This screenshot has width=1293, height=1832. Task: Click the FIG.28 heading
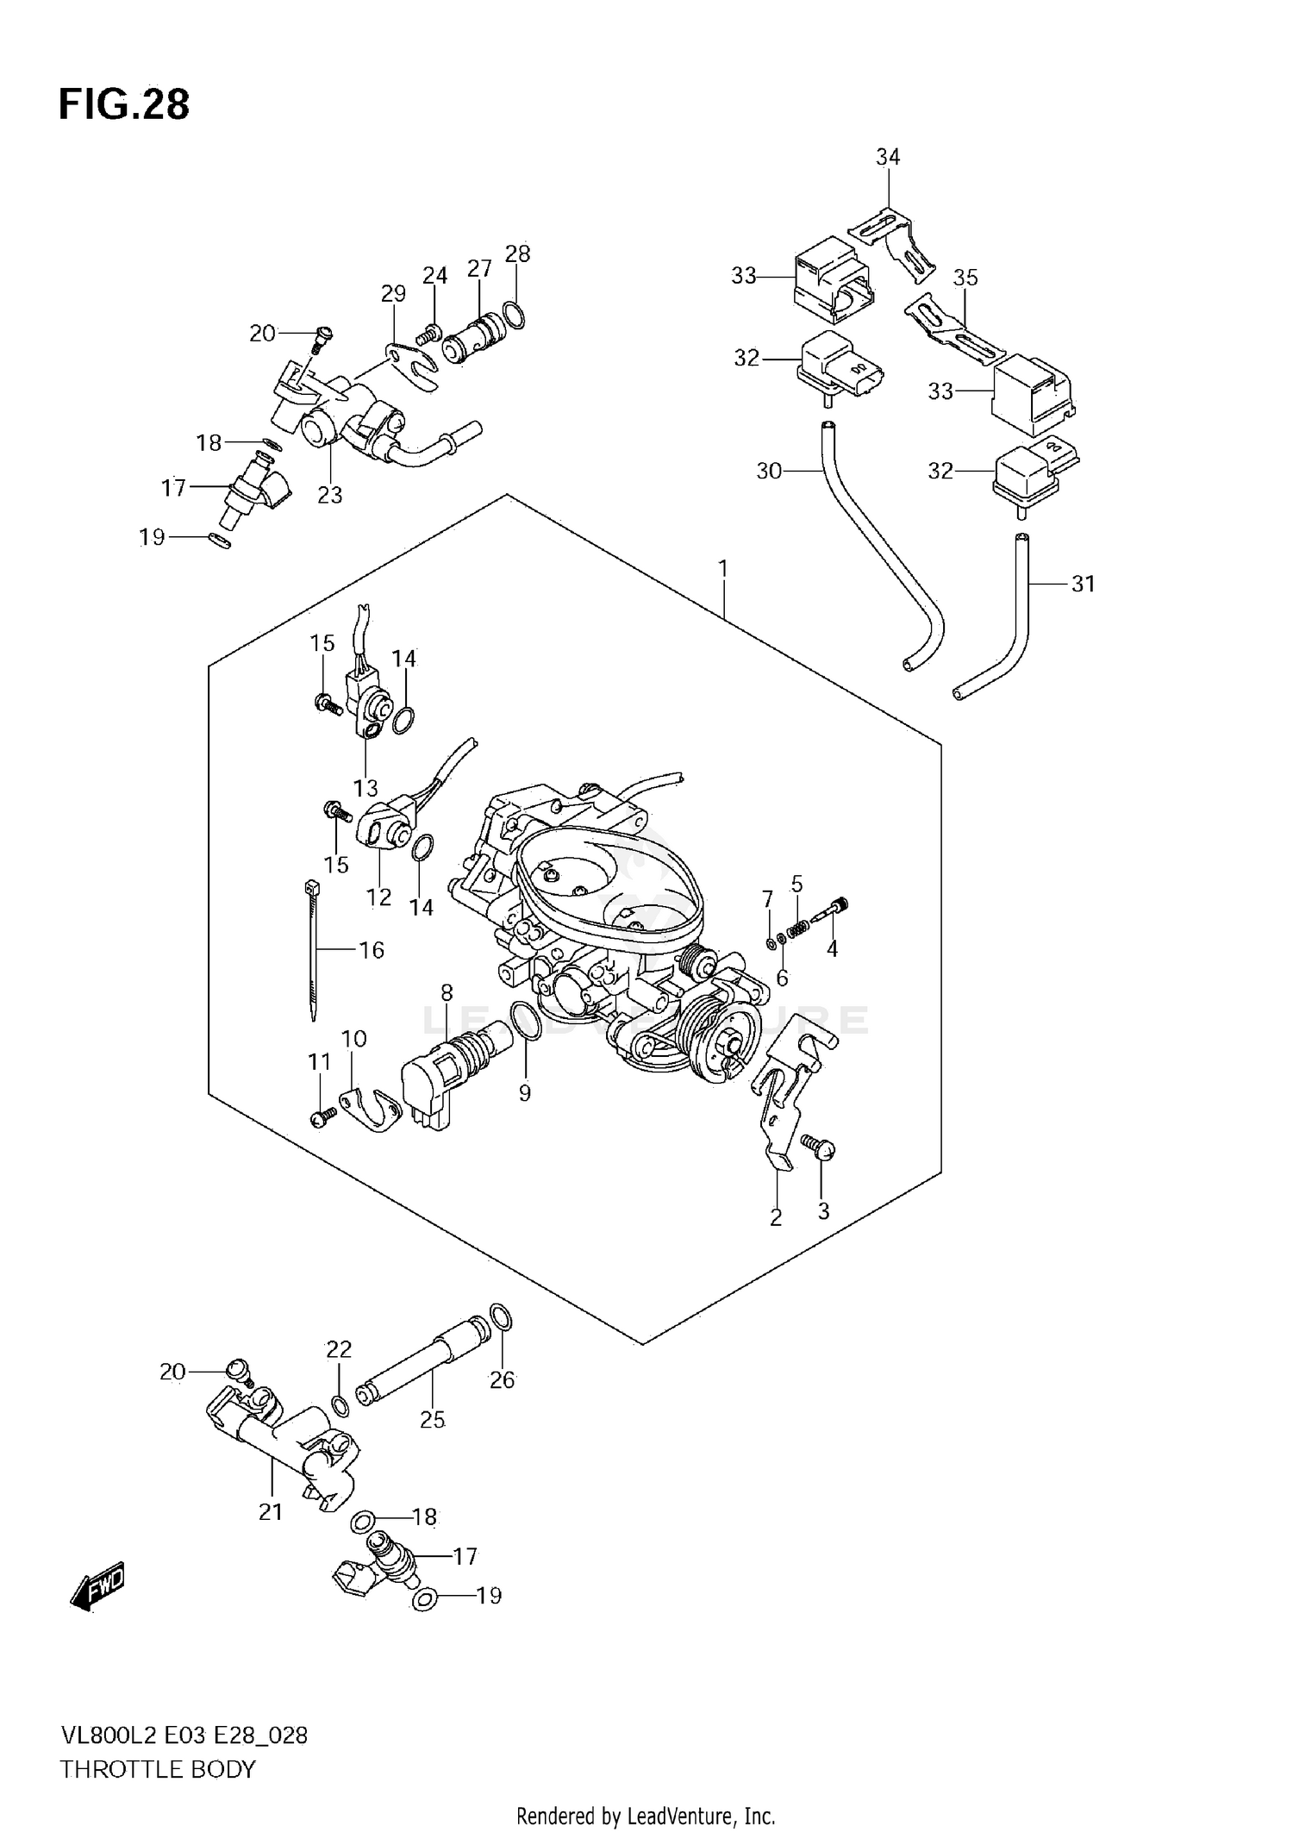click(x=124, y=104)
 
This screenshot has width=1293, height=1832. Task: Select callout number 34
click(x=887, y=157)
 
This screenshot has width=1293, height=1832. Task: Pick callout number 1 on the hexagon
click(x=723, y=569)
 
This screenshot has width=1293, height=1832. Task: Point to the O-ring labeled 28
click(x=513, y=316)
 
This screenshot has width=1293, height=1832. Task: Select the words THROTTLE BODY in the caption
click(x=158, y=1770)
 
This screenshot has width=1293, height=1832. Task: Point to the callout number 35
click(x=965, y=278)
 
